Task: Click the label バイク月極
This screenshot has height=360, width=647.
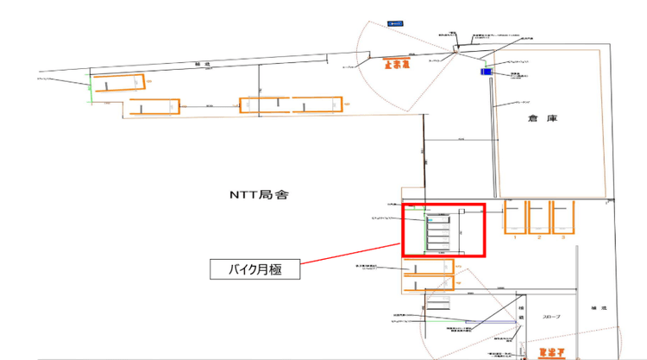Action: point(256,270)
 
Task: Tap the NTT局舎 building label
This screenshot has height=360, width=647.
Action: point(257,195)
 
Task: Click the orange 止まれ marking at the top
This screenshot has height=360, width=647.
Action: point(398,63)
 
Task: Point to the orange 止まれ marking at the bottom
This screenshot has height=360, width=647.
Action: point(551,352)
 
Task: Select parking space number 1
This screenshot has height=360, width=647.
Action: point(514,218)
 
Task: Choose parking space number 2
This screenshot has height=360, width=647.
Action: point(539,218)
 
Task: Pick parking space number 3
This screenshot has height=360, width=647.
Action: point(562,218)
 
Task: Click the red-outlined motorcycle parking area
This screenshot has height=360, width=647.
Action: point(444,230)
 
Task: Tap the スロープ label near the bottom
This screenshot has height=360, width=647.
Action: point(552,317)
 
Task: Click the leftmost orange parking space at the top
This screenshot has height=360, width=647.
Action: point(119,83)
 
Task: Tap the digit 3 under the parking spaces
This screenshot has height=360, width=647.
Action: point(562,236)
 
